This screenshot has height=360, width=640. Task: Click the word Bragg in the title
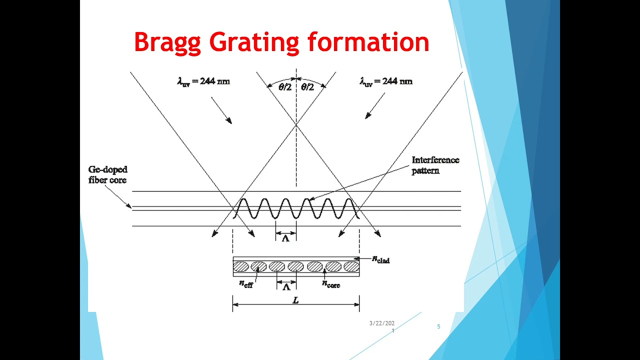tap(167, 43)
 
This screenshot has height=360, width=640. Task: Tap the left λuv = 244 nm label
tap(203, 81)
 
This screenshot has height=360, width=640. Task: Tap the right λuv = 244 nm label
tap(386, 81)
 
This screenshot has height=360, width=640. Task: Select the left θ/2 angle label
tap(285, 87)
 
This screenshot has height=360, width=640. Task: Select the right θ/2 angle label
tap(307, 87)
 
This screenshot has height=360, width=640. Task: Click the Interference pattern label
tap(435, 165)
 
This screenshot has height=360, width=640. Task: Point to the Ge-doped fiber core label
tap(107, 175)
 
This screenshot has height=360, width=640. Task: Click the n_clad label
tap(381, 259)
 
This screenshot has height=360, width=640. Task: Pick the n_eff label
tap(246, 284)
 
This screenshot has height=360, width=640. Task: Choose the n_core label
tap(330, 284)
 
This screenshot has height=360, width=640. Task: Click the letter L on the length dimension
tap(295, 300)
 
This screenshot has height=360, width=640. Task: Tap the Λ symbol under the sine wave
tap(285, 238)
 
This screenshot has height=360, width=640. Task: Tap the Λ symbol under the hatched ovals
tap(286, 287)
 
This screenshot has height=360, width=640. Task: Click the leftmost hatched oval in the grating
tap(241, 266)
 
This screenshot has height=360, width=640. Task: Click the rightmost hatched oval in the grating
tap(351, 266)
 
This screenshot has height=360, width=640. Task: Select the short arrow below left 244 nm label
tap(221, 110)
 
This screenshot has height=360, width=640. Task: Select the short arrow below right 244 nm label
tap(375, 106)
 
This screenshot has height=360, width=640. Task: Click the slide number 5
tap(438, 326)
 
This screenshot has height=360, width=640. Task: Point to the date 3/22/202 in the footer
tap(382, 323)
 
